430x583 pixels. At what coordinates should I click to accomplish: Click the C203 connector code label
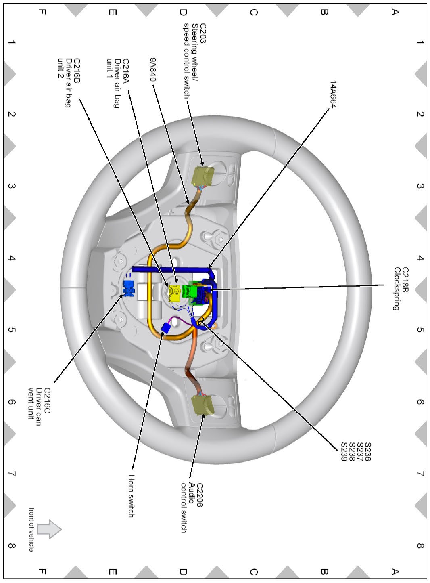coord(203,33)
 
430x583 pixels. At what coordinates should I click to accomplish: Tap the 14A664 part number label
coord(333,94)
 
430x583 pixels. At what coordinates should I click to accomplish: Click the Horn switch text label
coord(132,496)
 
